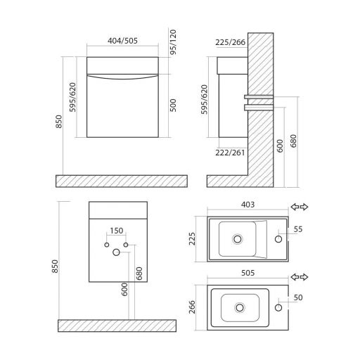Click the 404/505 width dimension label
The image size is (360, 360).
pos(122,41)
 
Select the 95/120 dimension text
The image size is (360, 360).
pos(173,42)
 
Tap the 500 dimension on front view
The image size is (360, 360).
pos(173,105)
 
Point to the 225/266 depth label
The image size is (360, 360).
pos(231,42)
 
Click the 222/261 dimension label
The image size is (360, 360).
pos(230,153)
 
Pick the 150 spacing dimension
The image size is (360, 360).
pos(117,231)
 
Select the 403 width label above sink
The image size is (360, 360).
pos(247,205)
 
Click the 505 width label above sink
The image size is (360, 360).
pos(247,273)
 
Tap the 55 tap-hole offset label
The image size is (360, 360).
pos(298,229)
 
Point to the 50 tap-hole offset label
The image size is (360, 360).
pos(298,297)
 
